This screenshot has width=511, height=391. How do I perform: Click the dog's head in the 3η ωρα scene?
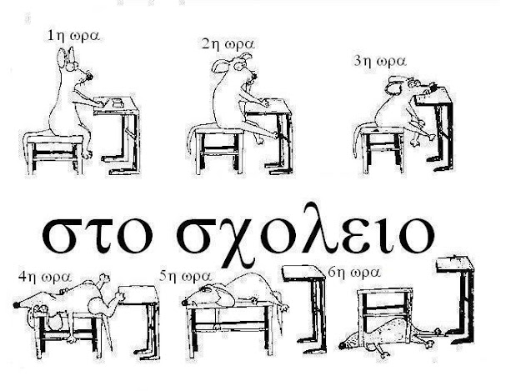(x=402, y=85)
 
